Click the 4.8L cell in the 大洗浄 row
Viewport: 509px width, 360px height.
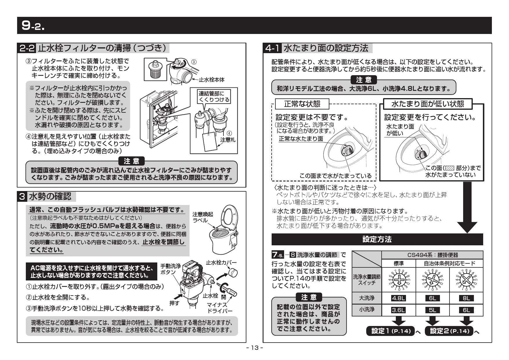398,298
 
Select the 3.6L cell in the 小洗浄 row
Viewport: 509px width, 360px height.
398,310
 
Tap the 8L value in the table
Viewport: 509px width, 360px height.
466,298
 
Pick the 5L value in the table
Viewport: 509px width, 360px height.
432,310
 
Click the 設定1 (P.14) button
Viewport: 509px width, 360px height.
391,331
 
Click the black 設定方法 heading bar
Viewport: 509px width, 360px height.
377,239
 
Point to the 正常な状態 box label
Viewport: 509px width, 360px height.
302,104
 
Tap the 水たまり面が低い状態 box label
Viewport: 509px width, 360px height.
428,104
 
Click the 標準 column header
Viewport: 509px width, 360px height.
398,263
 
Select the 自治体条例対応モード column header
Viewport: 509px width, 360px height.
449,263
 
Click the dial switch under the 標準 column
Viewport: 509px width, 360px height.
399,280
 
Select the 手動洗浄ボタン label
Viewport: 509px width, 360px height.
170,269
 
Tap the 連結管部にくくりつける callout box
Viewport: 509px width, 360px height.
214,96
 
